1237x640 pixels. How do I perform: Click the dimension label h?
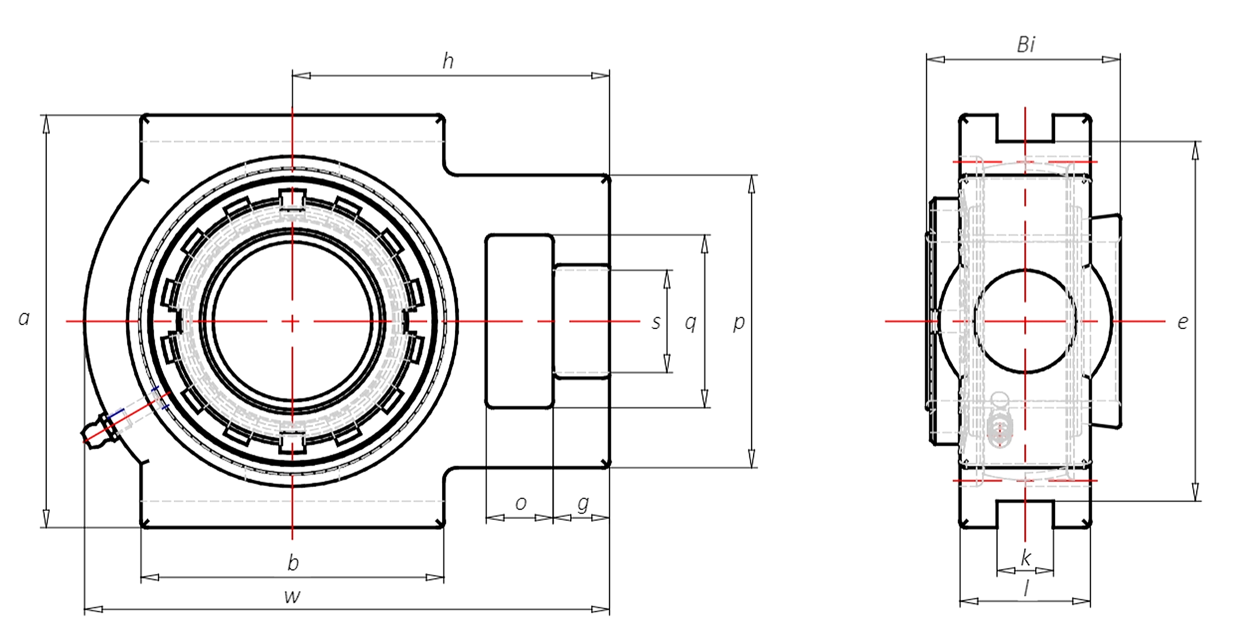tap(448, 61)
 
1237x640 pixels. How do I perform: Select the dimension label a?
tap(24, 318)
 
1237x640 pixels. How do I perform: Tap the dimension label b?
tap(293, 563)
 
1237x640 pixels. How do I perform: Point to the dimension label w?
tap(292, 597)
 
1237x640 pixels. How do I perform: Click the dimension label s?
tap(656, 322)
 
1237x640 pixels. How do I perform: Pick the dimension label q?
tap(691, 323)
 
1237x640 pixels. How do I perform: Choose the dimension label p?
tap(739, 323)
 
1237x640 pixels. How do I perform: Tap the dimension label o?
tap(521, 503)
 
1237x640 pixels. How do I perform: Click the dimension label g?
tap(583, 503)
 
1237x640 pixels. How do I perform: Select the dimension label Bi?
tap(1025, 45)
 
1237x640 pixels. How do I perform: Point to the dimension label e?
tap(1183, 322)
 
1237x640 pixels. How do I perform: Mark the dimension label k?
tap(1026, 557)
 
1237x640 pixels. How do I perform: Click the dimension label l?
tap(1026, 588)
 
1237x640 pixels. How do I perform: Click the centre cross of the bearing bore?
tap(292, 321)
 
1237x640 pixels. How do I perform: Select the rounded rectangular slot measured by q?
tap(520, 321)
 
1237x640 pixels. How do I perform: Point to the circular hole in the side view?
tap(1025, 321)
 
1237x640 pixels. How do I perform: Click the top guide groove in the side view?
tap(1025, 127)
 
